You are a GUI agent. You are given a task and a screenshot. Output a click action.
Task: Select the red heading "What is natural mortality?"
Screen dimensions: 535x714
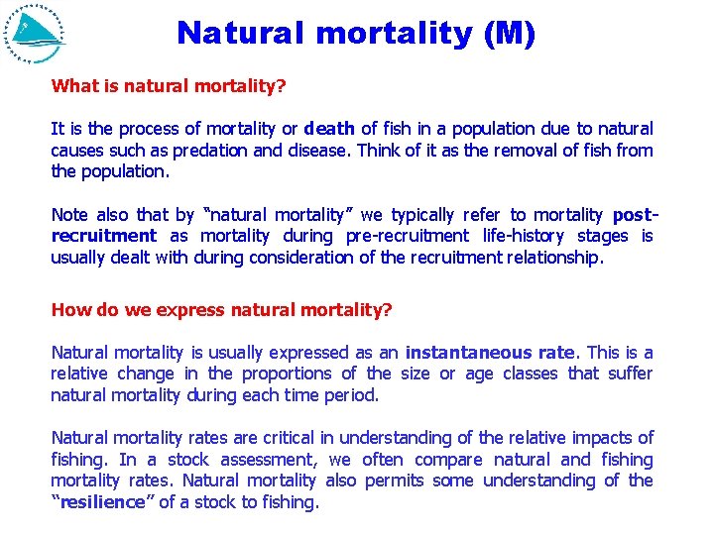pos(169,86)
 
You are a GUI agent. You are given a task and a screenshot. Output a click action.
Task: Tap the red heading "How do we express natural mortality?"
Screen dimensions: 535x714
pos(222,310)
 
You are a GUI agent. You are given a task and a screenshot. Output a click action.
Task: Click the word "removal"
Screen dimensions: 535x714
pos(500,151)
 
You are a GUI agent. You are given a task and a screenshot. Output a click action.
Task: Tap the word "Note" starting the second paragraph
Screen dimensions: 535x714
pos(69,215)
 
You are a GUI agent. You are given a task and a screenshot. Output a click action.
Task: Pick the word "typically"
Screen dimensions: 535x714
pos(422,215)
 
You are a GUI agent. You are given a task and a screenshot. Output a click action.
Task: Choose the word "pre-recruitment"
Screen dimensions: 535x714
pos(407,236)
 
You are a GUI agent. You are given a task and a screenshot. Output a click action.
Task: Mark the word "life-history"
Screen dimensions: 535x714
pos(524,236)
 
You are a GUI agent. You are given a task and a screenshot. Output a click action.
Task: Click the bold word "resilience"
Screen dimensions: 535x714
pos(102,502)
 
